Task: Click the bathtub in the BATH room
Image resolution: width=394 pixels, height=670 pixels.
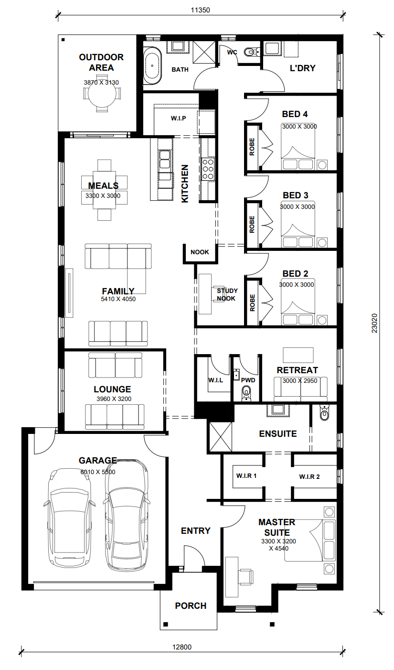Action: [x=152, y=65]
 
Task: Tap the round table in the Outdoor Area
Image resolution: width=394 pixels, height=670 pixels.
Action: [x=101, y=96]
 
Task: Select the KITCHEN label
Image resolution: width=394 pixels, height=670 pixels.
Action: [x=185, y=184]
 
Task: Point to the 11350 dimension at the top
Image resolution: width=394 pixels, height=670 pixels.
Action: [x=200, y=10]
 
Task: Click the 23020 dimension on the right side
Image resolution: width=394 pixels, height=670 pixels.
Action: [x=374, y=323]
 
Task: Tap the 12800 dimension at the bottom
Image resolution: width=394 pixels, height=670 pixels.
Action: [x=182, y=647]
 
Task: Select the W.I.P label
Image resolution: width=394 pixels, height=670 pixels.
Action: [x=179, y=119]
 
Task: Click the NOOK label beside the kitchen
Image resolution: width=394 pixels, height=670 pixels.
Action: [x=200, y=252]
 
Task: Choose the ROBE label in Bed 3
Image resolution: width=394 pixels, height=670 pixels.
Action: [x=252, y=224]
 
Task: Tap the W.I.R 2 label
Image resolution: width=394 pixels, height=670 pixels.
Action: [x=309, y=477]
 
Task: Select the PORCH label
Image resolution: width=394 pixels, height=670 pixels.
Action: [x=191, y=605]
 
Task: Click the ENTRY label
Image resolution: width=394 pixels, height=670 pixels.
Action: [x=196, y=530]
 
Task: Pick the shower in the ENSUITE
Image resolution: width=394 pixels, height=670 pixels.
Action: [x=221, y=437]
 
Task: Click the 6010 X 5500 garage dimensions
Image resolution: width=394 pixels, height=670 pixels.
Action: [x=98, y=472]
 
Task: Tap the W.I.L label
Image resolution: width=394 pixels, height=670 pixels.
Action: [x=215, y=380]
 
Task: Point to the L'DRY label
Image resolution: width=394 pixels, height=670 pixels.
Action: [x=302, y=68]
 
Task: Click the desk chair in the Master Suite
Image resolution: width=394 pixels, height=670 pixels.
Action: [x=246, y=576]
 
